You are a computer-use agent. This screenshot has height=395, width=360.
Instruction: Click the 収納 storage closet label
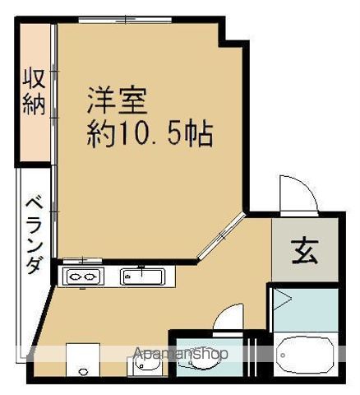coord(34,92)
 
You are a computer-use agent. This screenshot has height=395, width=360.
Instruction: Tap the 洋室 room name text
coord(118,100)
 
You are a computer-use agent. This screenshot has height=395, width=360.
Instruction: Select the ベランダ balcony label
coord(35,235)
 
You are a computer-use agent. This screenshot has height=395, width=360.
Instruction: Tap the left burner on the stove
coord(75,276)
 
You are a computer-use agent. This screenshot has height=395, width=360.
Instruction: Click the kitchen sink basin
coord(143,276)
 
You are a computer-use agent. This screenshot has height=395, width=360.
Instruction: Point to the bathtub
coord(305,355)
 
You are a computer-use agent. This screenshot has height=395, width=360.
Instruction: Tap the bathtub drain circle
coord(283,355)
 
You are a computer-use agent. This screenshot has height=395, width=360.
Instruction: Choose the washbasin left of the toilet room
coord(145,365)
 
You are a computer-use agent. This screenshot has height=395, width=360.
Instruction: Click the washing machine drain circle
coord(82,372)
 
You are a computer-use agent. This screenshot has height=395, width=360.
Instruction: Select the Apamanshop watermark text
coord(181,354)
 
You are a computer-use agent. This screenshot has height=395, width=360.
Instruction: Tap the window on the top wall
coord(125,20)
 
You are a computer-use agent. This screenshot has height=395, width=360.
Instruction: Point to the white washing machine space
coord(83,360)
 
